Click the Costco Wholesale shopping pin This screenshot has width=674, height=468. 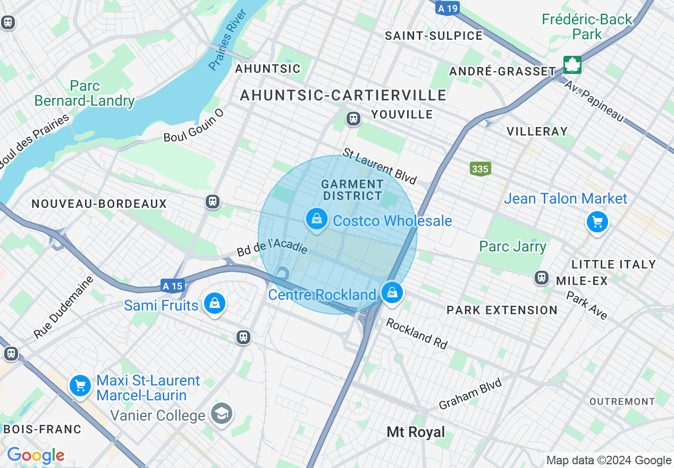317,219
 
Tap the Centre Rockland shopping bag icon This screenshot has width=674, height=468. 392,292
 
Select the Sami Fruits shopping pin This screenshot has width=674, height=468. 215,304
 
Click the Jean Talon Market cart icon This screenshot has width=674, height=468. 597,221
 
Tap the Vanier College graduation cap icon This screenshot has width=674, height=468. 221,413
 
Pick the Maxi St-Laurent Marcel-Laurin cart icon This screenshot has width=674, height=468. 80,386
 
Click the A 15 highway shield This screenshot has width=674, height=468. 173,286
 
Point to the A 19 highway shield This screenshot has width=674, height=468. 446,8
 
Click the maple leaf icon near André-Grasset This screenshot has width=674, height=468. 572,65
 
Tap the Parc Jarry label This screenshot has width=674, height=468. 512,246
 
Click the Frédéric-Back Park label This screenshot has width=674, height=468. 587,27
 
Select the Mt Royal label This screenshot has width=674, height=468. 416,432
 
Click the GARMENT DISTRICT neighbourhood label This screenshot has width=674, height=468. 352,190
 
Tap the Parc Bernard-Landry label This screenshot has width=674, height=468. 84,93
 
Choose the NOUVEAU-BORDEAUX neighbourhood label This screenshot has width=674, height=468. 99,204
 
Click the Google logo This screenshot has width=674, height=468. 36,455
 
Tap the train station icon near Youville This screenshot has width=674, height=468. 353,119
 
